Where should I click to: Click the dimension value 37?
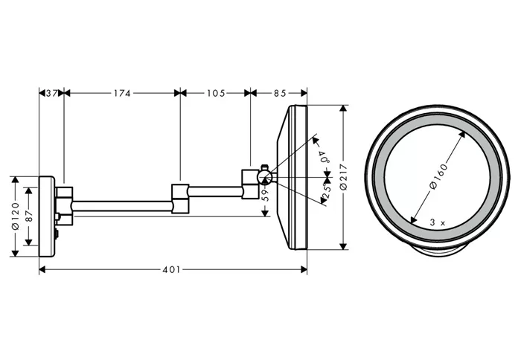(51, 93)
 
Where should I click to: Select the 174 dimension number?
(122, 93)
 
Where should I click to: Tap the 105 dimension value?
(216, 93)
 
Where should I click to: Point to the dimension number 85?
(280, 93)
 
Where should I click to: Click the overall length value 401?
(171, 269)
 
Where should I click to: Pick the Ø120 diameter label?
(16, 216)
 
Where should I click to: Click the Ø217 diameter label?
(344, 177)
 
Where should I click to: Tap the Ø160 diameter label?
(438, 176)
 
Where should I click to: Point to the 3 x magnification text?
(438, 222)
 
